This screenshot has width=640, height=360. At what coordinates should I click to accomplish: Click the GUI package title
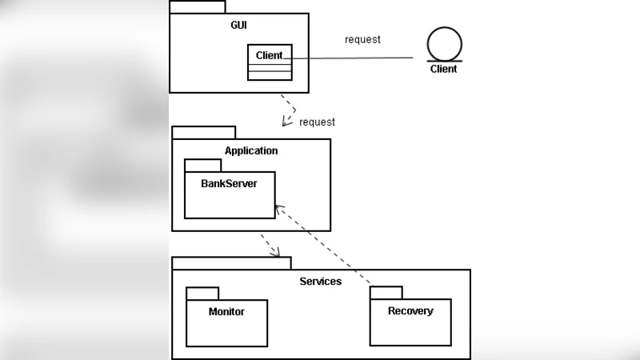pyautogui.click(x=238, y=26)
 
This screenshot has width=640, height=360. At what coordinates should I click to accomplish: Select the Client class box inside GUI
pyautogui.click(x=270, y=62)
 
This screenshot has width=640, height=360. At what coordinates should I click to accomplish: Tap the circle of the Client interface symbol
pyautogui.click(x=444, y=44)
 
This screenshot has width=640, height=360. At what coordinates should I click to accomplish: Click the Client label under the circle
pyautogui.click(x=444, y=70)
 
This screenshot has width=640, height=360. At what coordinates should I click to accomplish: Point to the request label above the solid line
pyautogui.click(x=362, y=39)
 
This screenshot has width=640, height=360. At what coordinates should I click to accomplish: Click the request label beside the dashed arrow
pyautogui.click(x=317, y=122)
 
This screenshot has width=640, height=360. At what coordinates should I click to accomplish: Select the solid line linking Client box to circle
pyautogui.click(x=352, y=58)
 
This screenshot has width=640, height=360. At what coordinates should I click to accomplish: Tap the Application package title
pyautogui.click(x=251, y=150)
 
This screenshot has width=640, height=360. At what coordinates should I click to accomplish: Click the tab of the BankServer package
pyautogui.click(x=202, y=165)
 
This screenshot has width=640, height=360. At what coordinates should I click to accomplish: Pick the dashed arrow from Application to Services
pyautogui.click(x=270, y=245)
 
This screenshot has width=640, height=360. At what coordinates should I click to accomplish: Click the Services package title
pyautogui.click(x=320, y=282)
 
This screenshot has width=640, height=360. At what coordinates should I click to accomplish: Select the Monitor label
pyautogui.click(x=226, y=311)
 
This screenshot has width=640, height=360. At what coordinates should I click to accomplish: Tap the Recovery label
pyautogui.click(x=410, y=310)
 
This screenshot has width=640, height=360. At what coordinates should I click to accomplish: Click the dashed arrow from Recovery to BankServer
pyautogui.click(x=324, y=245)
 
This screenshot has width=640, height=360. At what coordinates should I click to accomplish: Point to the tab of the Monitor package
pyautogui.click(x=202, y=293)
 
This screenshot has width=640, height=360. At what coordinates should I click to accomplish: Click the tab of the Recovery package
pyautogui.click(x=386, y=293)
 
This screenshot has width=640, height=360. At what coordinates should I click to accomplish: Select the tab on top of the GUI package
pyautogui.click(x=198, y=6)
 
